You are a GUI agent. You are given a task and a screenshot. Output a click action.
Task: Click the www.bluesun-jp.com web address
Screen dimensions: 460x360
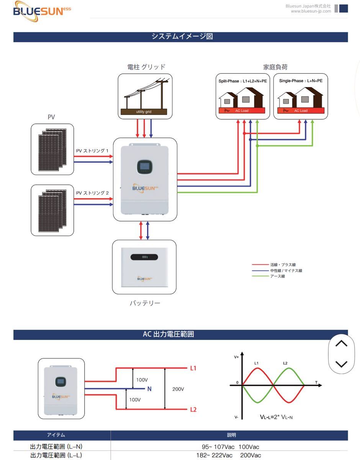[311, 11]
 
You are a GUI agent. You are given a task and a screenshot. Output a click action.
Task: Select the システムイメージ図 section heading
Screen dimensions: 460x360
[182, 37]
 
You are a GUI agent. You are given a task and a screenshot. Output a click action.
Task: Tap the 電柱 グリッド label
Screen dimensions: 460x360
[146, 67]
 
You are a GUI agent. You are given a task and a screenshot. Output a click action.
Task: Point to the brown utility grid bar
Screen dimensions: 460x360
[144, 112]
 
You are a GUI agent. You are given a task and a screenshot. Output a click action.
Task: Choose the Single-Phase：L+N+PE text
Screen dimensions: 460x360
[301, 81]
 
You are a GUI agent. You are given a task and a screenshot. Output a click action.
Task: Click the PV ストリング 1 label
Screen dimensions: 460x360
[92, 151]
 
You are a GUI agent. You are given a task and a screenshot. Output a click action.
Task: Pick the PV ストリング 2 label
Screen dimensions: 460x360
[92, 193]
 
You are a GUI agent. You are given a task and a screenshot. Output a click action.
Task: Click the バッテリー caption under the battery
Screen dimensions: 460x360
[144, 303]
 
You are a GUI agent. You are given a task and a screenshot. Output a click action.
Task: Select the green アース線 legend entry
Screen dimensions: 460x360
[277, 276]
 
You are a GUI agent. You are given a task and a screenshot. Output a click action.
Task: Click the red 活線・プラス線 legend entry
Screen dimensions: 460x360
[283, 265]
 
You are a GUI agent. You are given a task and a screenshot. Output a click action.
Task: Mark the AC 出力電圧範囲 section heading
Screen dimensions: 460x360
[169, 334]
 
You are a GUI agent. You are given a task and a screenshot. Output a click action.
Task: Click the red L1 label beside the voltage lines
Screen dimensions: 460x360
[193, 368]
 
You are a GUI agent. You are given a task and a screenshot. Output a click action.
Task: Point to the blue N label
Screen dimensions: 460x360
[149, 389]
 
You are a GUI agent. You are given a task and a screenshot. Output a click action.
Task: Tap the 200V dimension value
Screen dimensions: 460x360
[178, 389]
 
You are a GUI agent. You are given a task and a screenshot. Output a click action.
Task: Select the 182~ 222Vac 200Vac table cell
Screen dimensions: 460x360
[229, 455]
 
